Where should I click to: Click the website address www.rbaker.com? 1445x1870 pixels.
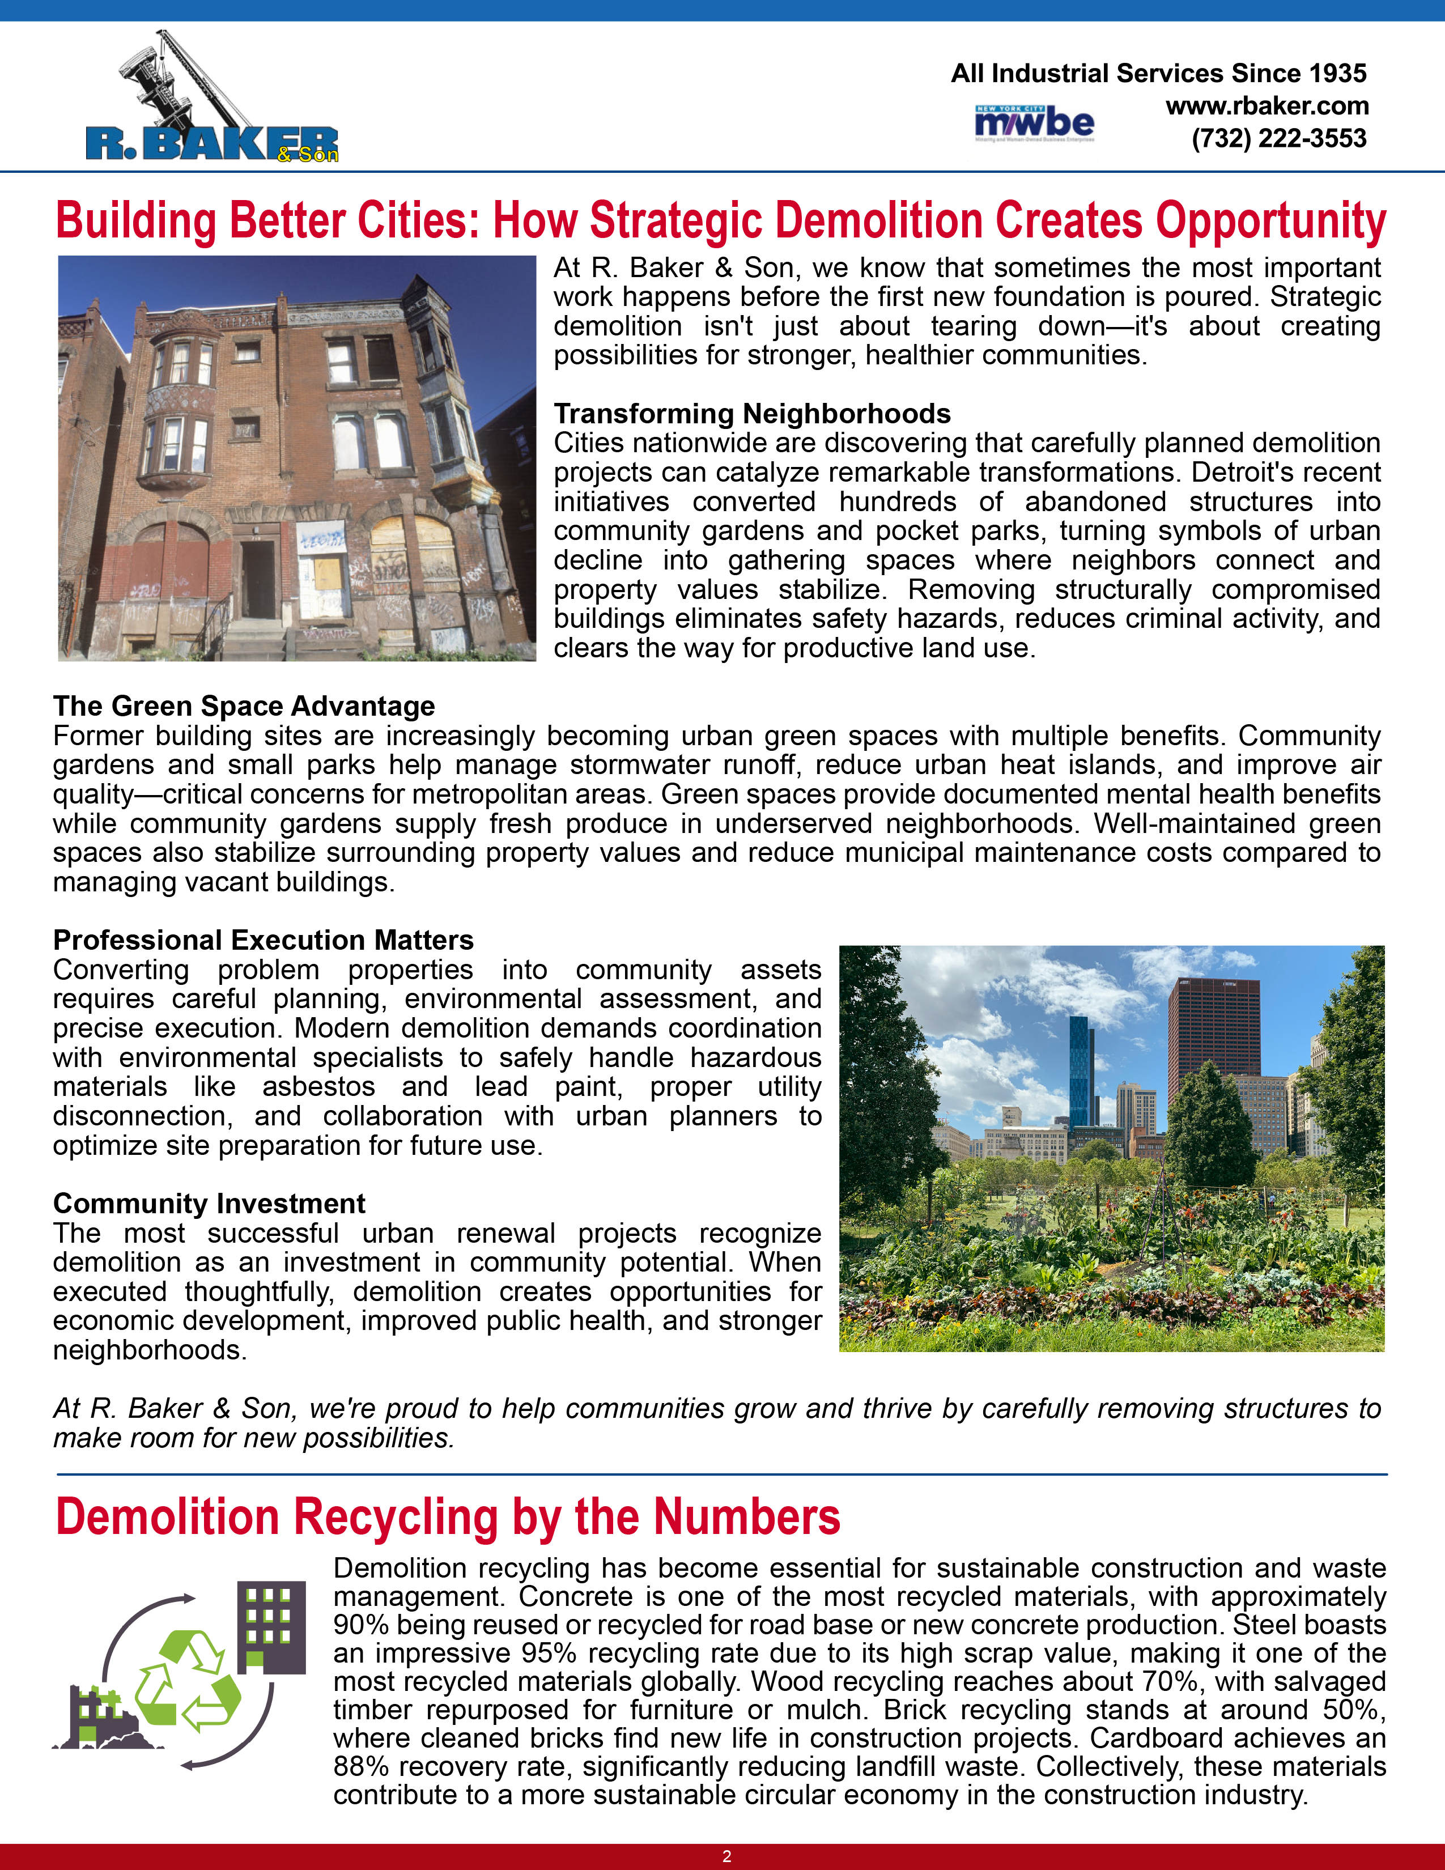tap(1267, 106)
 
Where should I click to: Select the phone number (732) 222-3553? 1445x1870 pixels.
tap(1279, 139)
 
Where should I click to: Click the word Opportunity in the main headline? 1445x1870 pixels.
tap(1270, 221)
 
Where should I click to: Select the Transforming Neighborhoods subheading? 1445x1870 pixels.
tap(751, 414)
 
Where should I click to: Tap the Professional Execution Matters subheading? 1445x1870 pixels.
tap(263, 940)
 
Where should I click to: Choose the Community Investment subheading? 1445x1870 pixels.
tap(209, 1203)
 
